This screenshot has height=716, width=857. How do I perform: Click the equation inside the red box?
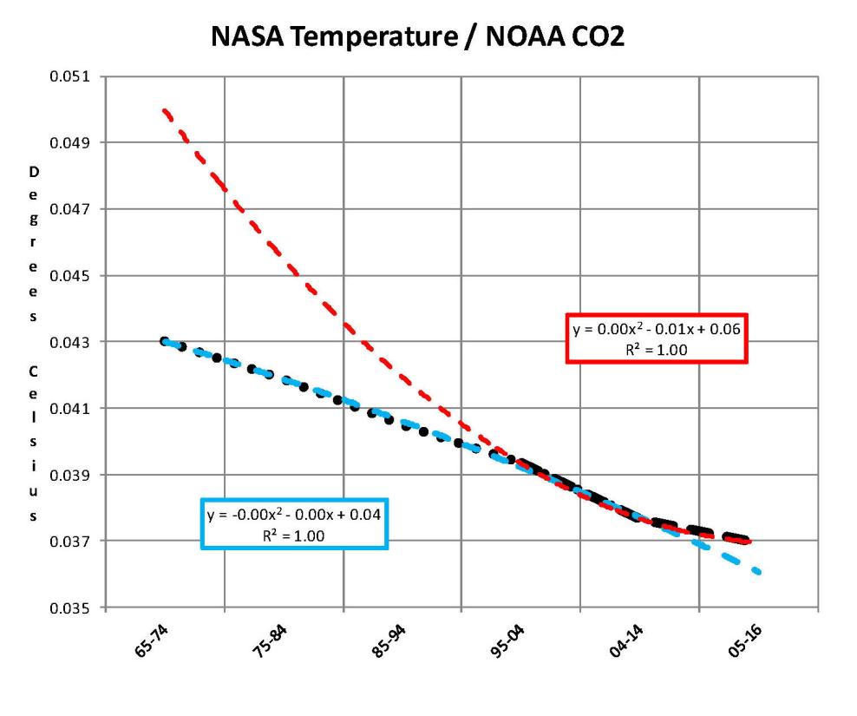tap(656, 329)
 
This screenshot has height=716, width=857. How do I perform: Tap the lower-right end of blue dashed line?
tap(759, 572)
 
